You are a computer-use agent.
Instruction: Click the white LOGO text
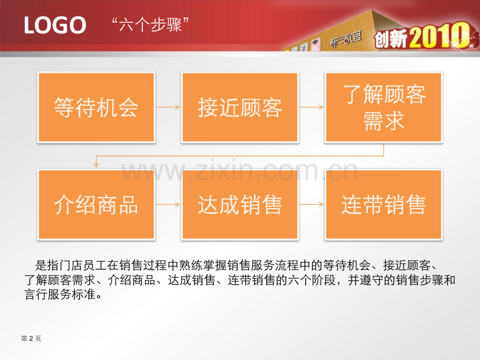pyautogui.click(x=55, y=25)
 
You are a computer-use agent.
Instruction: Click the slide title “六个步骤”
pyautogui.click(x=150, y=25)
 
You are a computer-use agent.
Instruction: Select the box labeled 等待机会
pyautogui.click(x=96, y=107)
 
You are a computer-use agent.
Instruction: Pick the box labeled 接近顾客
pyautogui.click(x=240, y=107)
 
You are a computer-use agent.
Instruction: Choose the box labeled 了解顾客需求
pyautogui.click(x=383, y=107)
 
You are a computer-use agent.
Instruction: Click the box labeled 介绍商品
pyautogui.click(x=96, y=204)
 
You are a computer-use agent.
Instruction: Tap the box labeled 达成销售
pyautogui.click(x=240, y=204)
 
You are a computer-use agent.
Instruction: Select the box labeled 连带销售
pyautogui.click(x=383, y=204)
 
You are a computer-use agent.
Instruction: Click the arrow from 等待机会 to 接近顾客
pyautogui.click(x=168, y=107)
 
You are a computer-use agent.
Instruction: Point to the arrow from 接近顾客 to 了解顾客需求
pyautogui.click(x=311, y=107)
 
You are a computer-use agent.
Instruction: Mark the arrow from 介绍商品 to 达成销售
pyautogui.click(x=168, y=204)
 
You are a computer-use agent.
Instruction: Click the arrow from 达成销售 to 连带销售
pyautogui.click(x=311, y=204)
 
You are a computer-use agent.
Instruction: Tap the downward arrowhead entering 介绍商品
pyautogui.click(x=96, y=165)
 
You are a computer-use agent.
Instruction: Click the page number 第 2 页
pyautogui.click(x=31, y=338)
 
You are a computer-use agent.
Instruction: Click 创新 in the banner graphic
pyautogui.click(x=391, y=39)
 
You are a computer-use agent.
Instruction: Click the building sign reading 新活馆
pyautogui.click(x=346, y=40)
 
